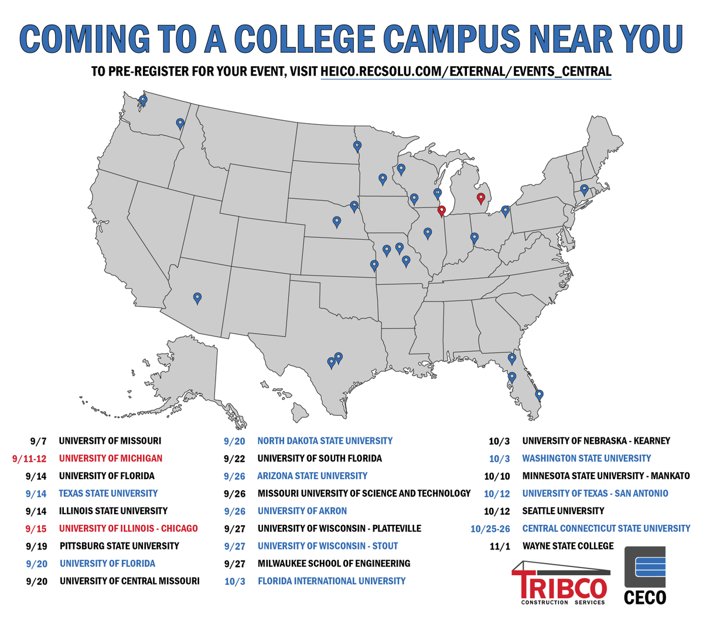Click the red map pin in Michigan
[x=481, y=199]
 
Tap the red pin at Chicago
[x=442, y=211]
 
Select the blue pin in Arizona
[x=197, y=298]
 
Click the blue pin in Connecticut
[x=584, y=189]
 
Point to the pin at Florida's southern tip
[x=540, y=395]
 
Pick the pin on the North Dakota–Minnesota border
[x=357, y=146]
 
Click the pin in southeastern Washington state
[x=180, y=123]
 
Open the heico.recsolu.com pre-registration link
[x=466, y=72]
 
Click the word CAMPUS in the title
[x=452, y=39]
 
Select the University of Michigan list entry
[x=111, y=459]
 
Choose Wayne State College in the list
[x=568, y=546]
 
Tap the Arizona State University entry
[x=312, y=476]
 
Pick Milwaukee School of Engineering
[x=334, y=563]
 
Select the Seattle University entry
[x=563, y=511]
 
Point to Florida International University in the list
[x=332, y=581]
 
